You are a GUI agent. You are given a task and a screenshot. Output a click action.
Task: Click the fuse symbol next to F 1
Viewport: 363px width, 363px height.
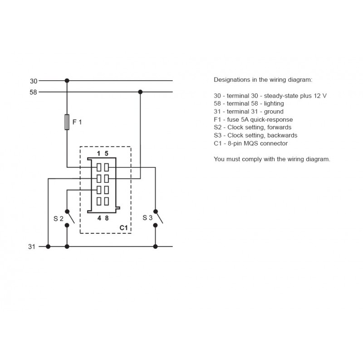tap(67, 122)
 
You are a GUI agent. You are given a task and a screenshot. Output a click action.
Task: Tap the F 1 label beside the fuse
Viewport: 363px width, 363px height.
tap(77, 122)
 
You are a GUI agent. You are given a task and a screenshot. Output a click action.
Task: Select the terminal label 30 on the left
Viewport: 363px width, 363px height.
tap(34, 81)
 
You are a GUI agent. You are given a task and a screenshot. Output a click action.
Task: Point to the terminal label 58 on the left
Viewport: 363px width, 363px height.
tap(33, 92)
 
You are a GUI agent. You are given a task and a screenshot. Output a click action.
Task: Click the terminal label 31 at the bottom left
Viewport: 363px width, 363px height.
tap(32, 247)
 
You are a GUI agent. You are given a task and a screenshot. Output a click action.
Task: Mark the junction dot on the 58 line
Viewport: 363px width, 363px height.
tap(140, 92)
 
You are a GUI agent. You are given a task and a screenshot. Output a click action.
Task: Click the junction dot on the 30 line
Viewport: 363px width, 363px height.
tap(67, 81)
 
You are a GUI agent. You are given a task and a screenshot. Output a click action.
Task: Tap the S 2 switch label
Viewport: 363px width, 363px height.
tap(59, 219)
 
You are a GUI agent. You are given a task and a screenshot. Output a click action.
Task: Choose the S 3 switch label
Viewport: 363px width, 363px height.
tap(147, 218)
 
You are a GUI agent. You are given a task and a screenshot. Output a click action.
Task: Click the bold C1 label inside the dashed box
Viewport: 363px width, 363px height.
tap(123, 228)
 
